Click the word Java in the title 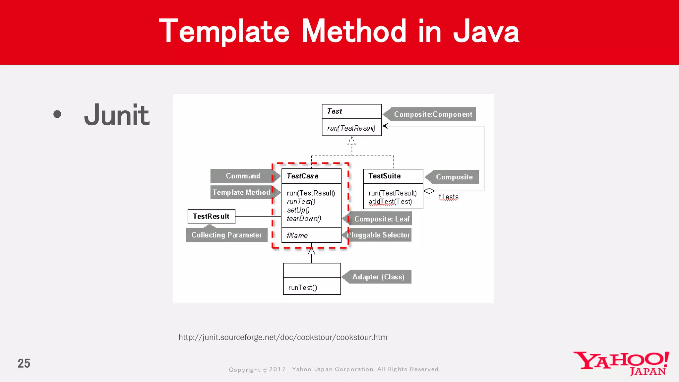point(486,32)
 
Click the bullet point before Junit point(57,114)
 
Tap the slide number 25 point(24,363)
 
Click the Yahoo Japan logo point(621,363)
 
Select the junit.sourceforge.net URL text point(282,337)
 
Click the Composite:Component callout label point(432,114)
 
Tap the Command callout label point(243,176)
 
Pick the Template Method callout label point(241,192)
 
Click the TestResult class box point(211,217)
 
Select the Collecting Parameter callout point(226,235)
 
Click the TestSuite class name point(384,176)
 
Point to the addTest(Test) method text point(390,202)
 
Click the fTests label point(448,197)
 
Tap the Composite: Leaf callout point(381,219)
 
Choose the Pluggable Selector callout point(379,235)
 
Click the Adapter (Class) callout point(378,277)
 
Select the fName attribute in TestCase point(297,235)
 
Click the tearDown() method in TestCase point(304,219)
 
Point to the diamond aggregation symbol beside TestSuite point(429,191)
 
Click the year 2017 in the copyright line point(277,369)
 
